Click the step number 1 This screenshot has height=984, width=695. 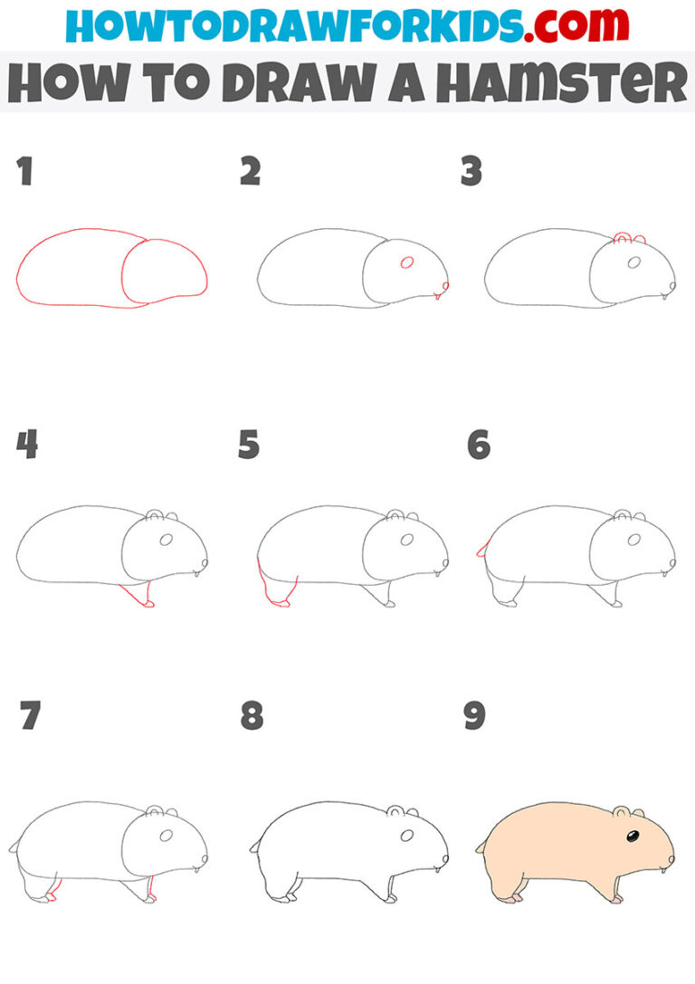click(x=24, y=171)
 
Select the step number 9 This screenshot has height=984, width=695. click(x=473, y=716)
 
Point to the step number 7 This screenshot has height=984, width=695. click(x=29, y=716)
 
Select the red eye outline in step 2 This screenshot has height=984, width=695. click(x=407, y=263)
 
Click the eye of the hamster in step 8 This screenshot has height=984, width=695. click(x=407, y=834)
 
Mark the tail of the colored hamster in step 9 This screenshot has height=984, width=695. click(x=481, y=847)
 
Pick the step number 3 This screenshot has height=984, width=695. click(x=471, y=171)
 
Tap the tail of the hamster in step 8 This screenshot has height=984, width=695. click(x=255, y=847)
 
